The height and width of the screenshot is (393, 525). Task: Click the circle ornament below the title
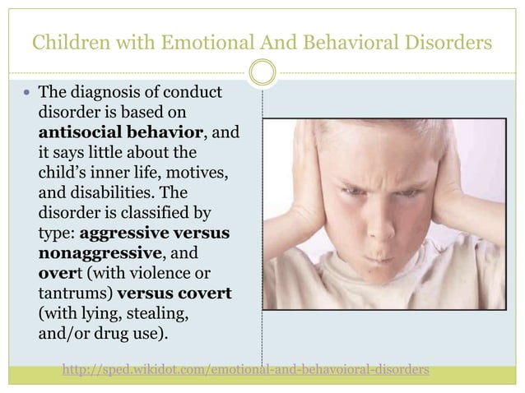coord(262,74)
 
